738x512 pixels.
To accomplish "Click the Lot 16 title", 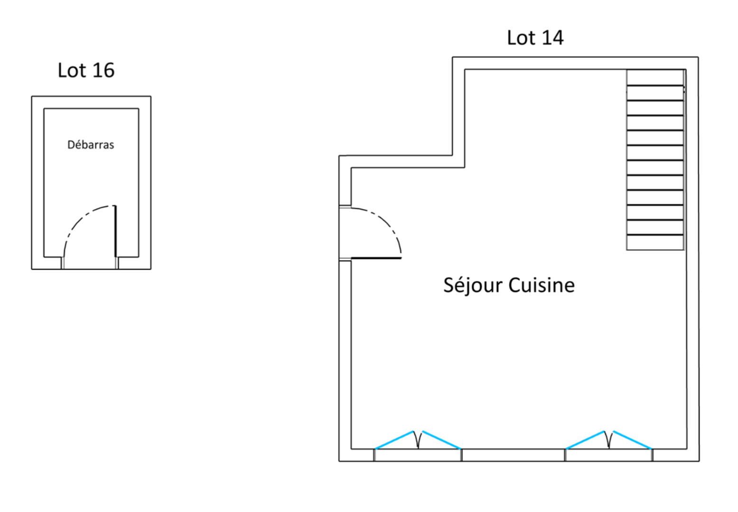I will (86, 70).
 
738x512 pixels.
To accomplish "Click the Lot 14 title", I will (535, 38).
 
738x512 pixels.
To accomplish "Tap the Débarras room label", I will (91, 145).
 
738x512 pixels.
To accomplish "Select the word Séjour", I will (473, 285).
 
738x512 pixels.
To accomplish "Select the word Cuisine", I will (542, 285).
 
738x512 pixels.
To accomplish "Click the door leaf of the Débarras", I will (115, 231).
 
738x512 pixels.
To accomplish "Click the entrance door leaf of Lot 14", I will (376, 258).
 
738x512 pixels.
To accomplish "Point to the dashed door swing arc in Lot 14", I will (387, 221).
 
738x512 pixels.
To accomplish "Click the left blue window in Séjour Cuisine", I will (418, 441).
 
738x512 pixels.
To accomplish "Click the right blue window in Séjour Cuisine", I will (609, 441).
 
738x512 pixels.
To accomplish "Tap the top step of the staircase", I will (655, 78).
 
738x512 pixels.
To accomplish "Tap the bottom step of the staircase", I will (655, 243).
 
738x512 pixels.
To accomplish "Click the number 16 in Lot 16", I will (103, 70).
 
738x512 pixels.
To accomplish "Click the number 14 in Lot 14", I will (552, 38).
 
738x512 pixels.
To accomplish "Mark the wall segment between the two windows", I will (513, 455).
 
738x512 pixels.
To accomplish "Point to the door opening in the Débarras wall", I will (90, 263).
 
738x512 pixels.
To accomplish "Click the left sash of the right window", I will (585, 439).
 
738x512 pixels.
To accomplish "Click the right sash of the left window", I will (441, 439).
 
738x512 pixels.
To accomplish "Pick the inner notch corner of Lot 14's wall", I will (464, 167).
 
